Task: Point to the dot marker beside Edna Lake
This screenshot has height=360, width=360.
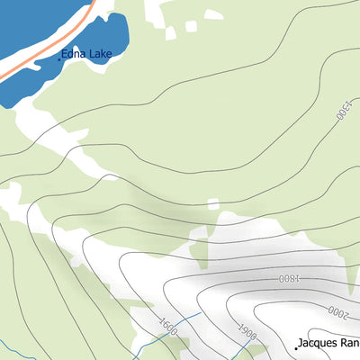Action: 60,58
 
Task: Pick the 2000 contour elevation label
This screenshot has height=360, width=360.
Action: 337,312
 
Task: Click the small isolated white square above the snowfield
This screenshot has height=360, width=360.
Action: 212,204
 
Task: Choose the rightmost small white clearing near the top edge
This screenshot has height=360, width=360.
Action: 213,14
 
